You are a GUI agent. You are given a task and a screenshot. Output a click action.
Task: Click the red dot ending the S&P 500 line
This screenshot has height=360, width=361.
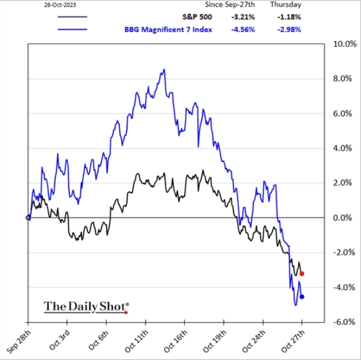(x=302, y=274)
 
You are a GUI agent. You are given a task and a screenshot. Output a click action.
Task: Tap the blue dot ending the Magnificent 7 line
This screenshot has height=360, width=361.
(x=302, y=297)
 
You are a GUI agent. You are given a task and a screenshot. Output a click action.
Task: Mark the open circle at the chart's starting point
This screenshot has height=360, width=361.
(x=28, y=218)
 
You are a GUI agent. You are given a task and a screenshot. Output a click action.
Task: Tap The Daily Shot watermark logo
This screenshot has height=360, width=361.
(x=86, y=305)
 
